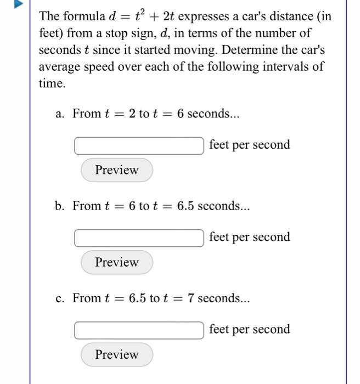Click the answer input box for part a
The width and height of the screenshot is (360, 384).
point(139,146)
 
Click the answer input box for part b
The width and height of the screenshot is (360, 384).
point(139,238)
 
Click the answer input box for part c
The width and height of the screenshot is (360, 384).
point(139,330)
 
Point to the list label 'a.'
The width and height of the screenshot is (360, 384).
point(61,114)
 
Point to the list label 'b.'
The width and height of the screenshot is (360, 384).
point(60,206)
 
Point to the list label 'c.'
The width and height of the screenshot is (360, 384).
point(61,298)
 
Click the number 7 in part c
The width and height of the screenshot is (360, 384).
point(190,298)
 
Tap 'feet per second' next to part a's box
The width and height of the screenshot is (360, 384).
point(249,145)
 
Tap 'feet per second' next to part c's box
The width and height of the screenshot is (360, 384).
point(249,330)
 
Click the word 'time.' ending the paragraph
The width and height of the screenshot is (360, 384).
point(52,84)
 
